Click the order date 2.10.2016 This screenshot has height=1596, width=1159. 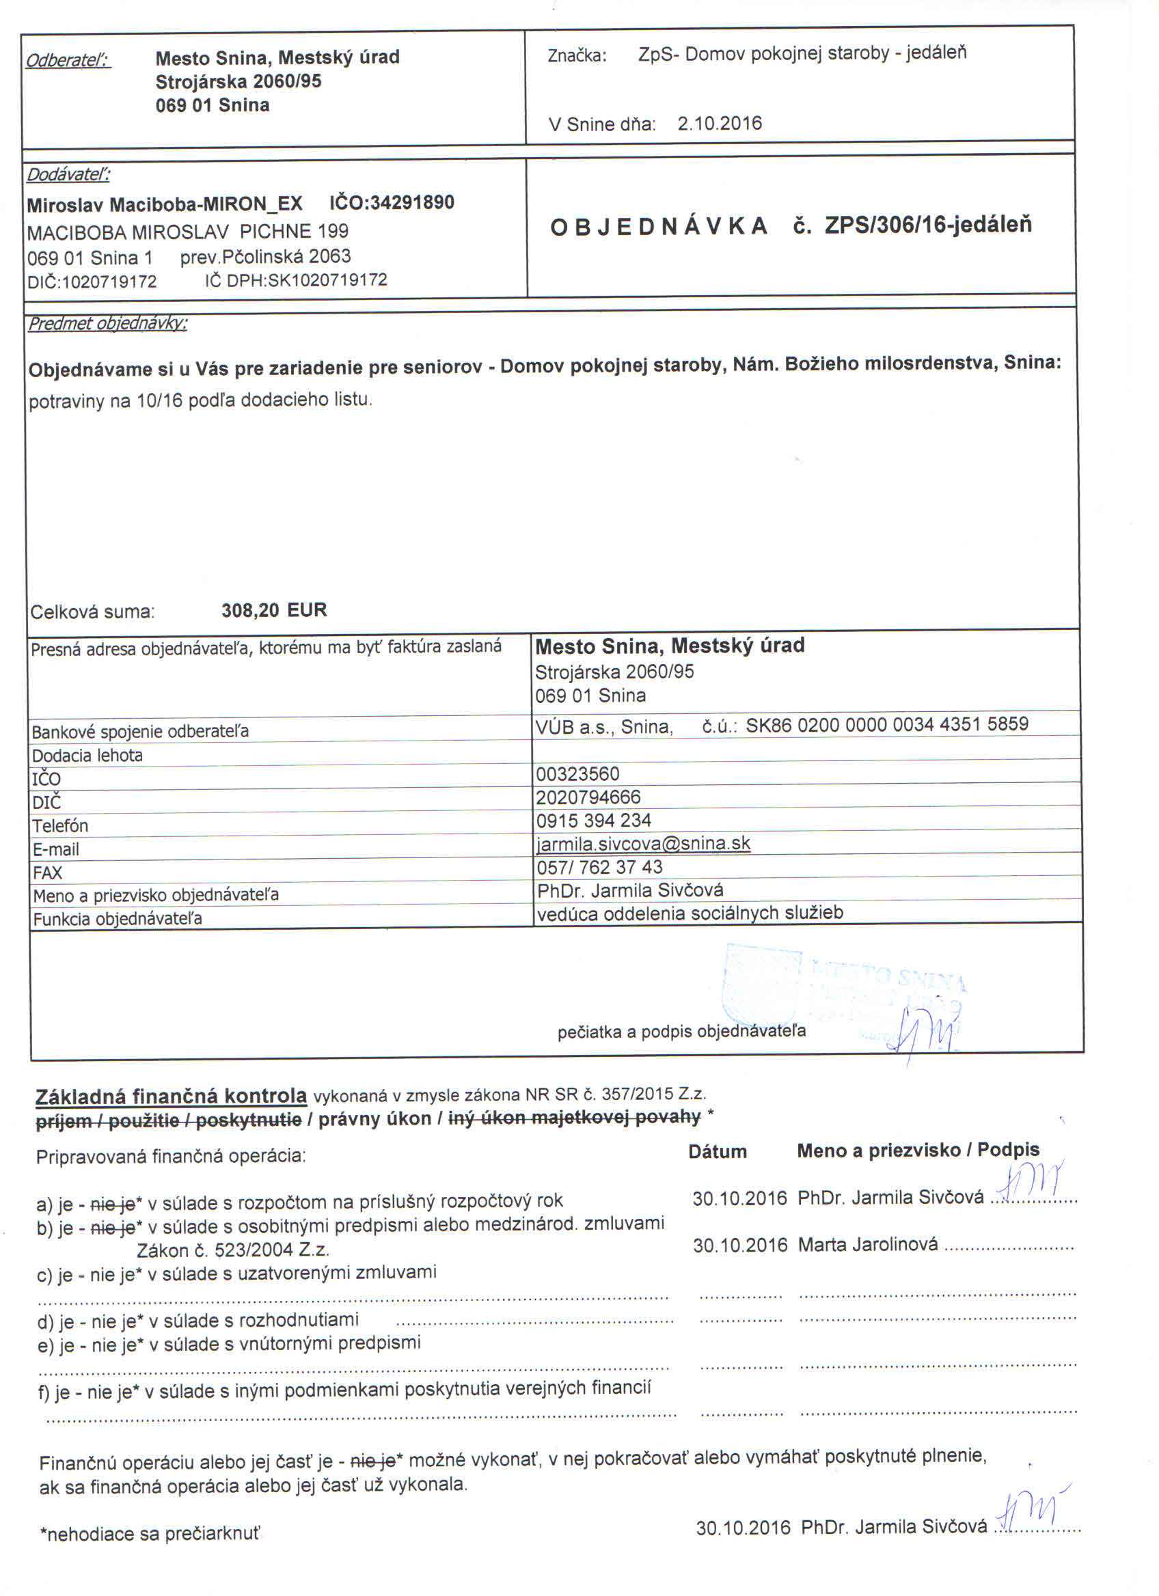pyautogui.click(x=719, y=124)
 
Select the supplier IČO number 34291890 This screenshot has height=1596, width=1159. pyautogui.click(x=411, y=203)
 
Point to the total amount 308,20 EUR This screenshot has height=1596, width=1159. pyautogui.click(x=274, y=610)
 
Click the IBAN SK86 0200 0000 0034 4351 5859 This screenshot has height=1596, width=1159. pyautogui.click(x=886, y=724)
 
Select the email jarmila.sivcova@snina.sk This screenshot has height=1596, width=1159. pyautogui.click(x=643, y=843)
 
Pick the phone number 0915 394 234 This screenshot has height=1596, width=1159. pyautogui.click(x=593, y=821)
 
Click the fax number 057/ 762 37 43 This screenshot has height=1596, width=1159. pyautogui.click(x=599, y=867)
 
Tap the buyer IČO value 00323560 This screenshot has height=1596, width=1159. pyautogui.click(x=577, y=774)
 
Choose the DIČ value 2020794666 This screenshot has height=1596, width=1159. pyautogui.click(x=588, y=797)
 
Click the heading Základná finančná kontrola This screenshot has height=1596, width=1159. pyautogui.click(x=171, y=1097)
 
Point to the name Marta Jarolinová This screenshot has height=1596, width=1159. pyautogui.click(x=868, y=1245)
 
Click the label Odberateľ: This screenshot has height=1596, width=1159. pyautogui.click(x=68, y=61)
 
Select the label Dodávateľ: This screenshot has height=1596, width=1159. pyautogui.click(x=68, y=174)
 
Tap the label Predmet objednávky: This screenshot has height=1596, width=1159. pyautogui.click(x=108, y=324)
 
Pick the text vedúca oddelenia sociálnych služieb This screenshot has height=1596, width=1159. pyautogui.click(x=690, y=913)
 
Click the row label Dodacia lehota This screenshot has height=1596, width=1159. pyautogui.click(x=87, y=756)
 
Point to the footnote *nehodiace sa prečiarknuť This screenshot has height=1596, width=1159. pyautogui.click(x=150, y=1534)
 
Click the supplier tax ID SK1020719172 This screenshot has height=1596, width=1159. pyautogui.click(x=327, y=280)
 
